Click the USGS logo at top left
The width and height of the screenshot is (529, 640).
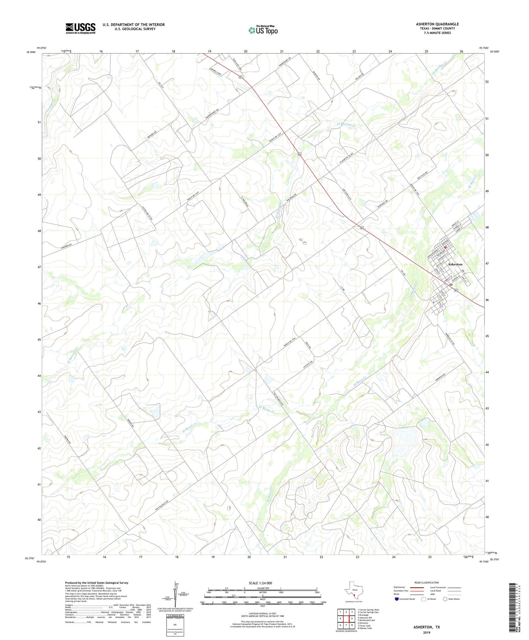80,28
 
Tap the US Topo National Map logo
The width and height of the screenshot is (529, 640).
263,30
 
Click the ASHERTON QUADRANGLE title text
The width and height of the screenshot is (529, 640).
437,24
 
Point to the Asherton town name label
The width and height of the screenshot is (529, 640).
455,264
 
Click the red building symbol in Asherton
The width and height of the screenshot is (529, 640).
445,247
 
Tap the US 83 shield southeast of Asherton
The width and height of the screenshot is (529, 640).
456,290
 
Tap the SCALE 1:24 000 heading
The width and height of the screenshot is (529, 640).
260,583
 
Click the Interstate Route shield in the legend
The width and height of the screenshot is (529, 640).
397,599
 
